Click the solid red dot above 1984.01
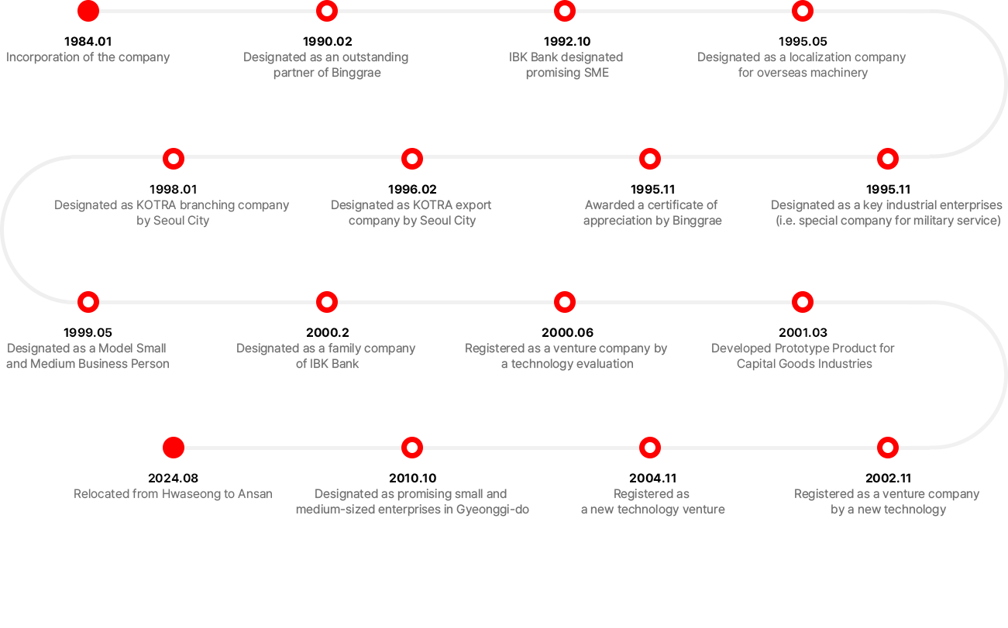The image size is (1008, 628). point(88,11)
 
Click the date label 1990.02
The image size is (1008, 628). point(327,41)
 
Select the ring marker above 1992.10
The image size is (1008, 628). point(565,11)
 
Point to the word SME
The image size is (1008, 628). point(596,73)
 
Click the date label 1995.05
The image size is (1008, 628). point(803,41)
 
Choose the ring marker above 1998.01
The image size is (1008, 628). point(174,159)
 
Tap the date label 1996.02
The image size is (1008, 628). point(412,190)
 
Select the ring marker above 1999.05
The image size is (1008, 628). point(88,302)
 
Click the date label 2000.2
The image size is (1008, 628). point(327,332)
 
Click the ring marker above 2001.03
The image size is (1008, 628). point(803,302)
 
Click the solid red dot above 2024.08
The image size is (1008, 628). point(174,448)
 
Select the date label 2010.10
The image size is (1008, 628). point(413,479)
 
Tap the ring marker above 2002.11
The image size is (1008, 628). point(888,448)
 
